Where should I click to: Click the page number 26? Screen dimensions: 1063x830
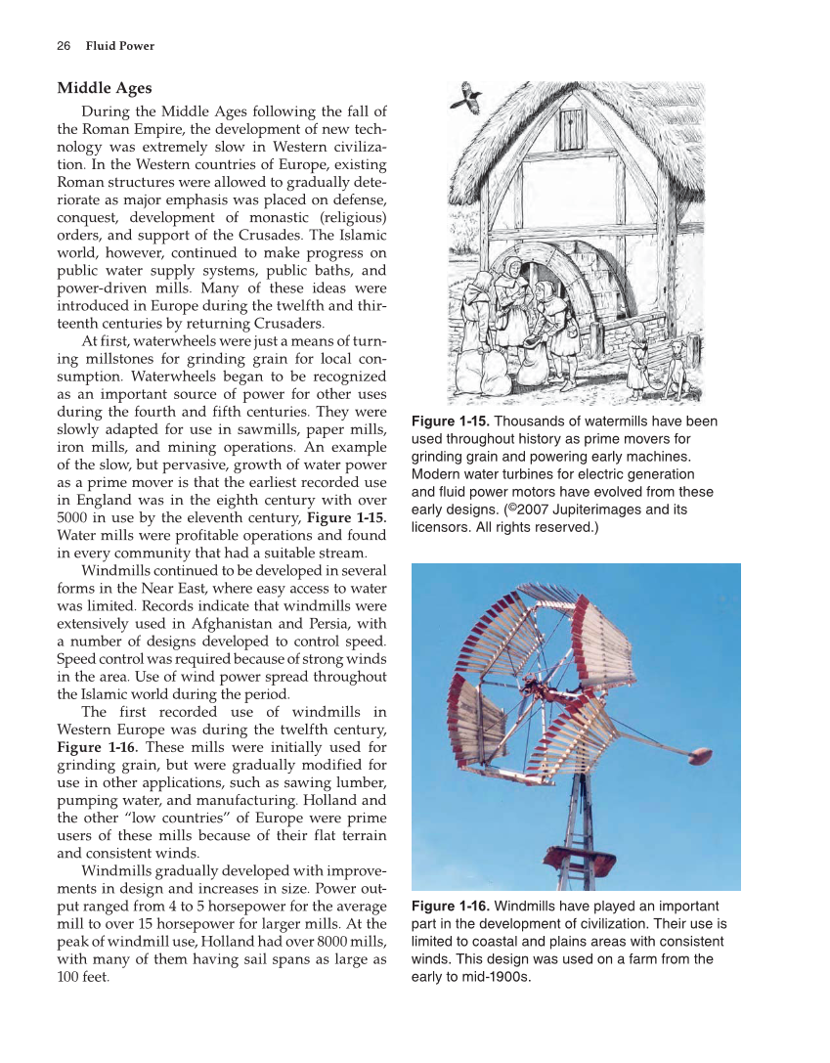[x=64, y=46]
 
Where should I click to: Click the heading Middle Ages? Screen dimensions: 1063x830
[x=105, y=88]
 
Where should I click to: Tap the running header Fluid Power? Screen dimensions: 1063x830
[x=120, y=46]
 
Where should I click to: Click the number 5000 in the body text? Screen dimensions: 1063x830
[x=74, y=518]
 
